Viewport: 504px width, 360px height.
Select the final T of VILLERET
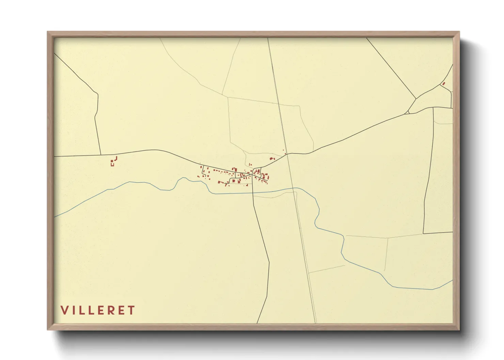point(131,310)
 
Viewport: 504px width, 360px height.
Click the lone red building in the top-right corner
point(443,83)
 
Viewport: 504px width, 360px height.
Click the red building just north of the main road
point(272,158)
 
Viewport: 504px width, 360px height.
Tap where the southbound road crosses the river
point(253,193)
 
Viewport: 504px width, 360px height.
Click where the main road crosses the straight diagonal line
point(287,154)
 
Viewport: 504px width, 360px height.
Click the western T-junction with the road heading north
point(101,155)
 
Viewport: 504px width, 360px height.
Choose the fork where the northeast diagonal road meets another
point(416,99)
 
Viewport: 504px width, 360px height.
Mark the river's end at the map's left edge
point(55,216)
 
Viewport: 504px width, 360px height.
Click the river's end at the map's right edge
point(452,280)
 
